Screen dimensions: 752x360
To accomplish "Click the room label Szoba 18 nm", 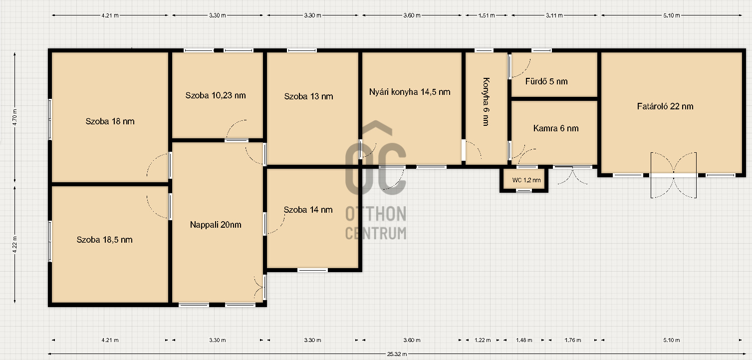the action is click(x=110, y=121).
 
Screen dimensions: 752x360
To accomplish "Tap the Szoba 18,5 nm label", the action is click(x=104, y=240).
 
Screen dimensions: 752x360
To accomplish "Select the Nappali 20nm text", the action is click(x=216, y=225).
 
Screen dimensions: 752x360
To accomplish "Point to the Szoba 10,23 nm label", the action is click(x=216, y=95).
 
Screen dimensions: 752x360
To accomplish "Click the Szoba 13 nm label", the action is click(x=308, y=96).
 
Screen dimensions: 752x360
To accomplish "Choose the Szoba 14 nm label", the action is click(x=308, y=210).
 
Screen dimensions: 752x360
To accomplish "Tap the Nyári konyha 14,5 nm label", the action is click(x=410, y=92).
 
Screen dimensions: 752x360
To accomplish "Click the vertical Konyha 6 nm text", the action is click(x=486, y=102).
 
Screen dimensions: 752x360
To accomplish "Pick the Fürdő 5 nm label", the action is click(x=546, y=81).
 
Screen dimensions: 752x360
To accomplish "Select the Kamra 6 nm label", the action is click(x=556, y=128).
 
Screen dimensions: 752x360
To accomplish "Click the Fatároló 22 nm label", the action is click(x=665, y=106).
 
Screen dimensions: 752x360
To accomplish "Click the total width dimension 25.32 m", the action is click(x=397, y=354).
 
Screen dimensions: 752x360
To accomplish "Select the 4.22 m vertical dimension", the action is click(x=14, y=245).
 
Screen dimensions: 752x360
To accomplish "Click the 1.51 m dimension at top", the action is click(x=487, y=15).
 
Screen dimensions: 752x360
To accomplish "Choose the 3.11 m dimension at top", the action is click(x=554, y=15).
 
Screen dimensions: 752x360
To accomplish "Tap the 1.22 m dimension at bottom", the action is click(x=483, y=340).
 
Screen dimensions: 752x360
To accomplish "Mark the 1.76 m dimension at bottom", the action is click(x=573, y=340).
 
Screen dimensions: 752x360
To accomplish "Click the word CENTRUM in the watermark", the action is click(x=376, y=233).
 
